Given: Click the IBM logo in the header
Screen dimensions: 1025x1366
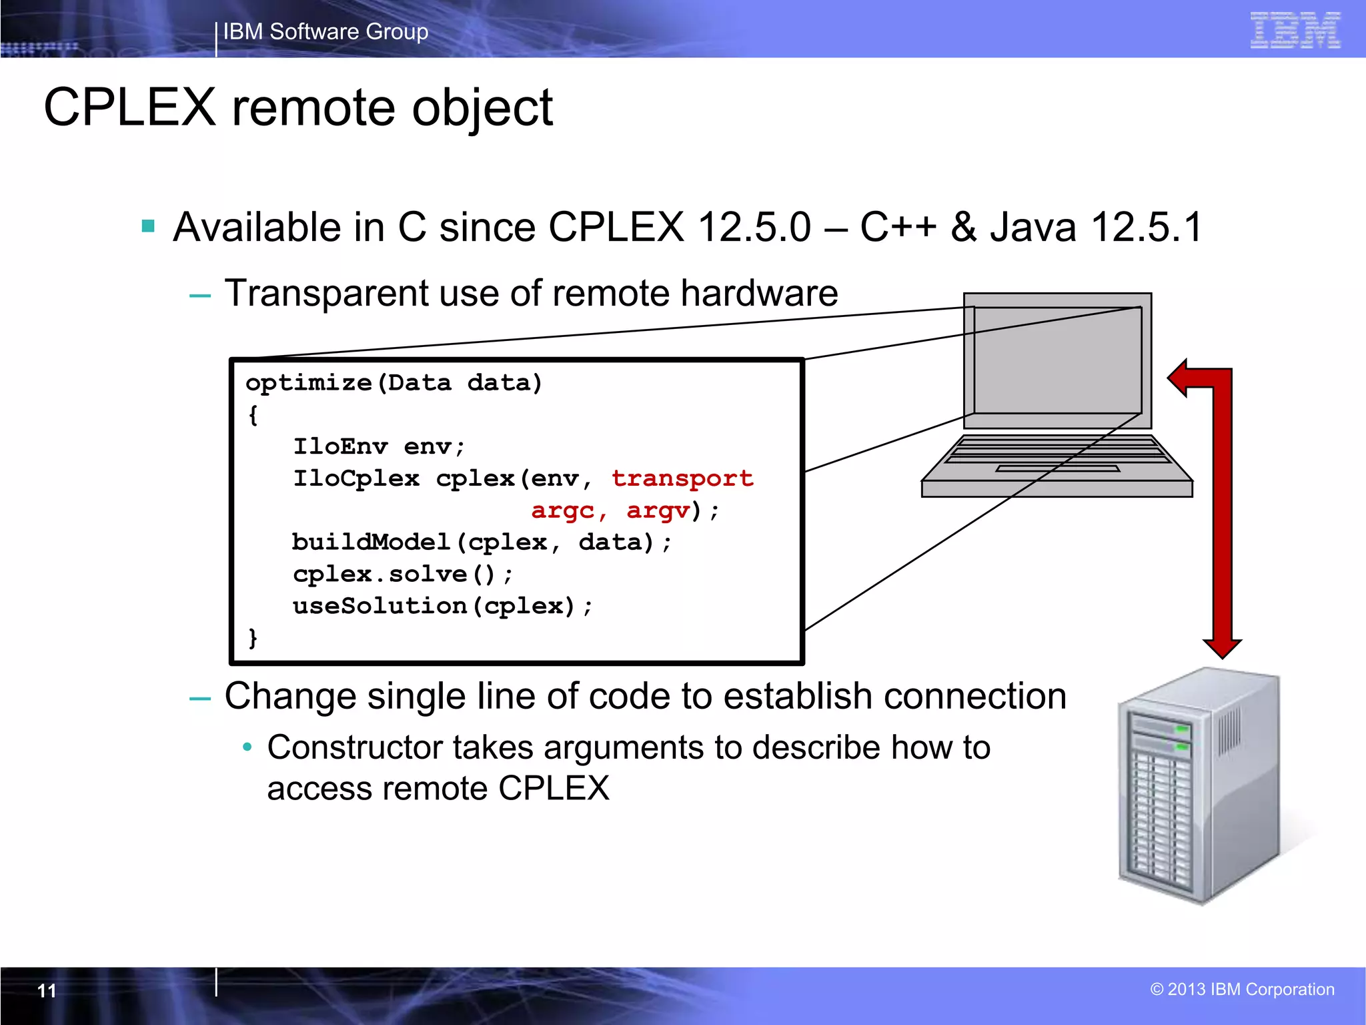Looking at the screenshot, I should pyautogui.click(x=1295, y=30).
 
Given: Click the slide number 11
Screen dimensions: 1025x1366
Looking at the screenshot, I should pyautogui.click(x=47, y=990).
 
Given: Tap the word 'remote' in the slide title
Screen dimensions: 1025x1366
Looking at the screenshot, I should pyautogui.click(x=313, y=108).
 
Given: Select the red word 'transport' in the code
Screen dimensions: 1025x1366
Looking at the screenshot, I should pyautogui.click(x=682, y=478).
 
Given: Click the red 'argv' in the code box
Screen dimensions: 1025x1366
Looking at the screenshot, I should pyautogui.click(x=658, y=510).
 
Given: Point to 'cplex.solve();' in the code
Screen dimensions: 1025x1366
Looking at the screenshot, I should pyautogui.click(x=403, y=574).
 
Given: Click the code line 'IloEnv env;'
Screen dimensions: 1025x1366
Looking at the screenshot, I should pyautogui.click(x=379, y=446).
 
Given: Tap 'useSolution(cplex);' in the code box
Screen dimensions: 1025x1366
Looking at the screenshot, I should pyautogui.click(x=442, y=606).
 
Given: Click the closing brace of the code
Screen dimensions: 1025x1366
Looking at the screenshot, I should pyautogui.click(x=253, y=638).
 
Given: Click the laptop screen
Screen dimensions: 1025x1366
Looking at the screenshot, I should pyautogui.click(x=1057, y=360).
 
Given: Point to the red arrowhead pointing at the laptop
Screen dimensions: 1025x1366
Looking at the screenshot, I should pyautogui.click(x=1183, y=378).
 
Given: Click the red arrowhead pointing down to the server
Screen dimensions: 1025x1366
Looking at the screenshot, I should pyautogui.click(x=1222, y=647).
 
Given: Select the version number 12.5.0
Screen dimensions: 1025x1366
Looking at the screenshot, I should pyautogui.click(x=754, y=227).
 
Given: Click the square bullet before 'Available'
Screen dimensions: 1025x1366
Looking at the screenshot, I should pyautogui.click(x=148, y=226).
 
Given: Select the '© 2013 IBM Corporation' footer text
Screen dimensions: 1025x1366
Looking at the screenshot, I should pyautogui.click(x=1242, y=989).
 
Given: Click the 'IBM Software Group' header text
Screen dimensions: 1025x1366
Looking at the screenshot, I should pyautogui.click(x=325, y=31).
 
